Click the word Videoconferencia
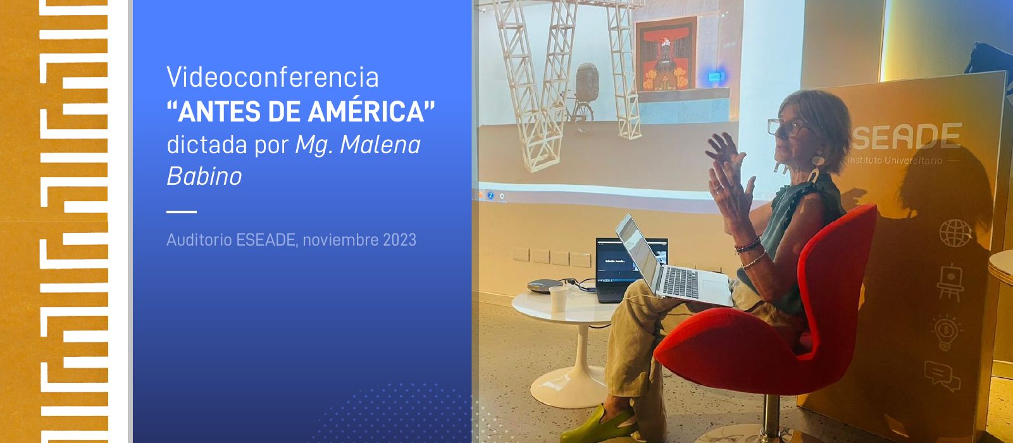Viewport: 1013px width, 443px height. [x=273, y=77]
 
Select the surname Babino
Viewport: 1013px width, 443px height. [x=204, y=175]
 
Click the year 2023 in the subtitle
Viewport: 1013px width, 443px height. [x=399, y=239]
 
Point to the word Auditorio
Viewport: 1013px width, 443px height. [x=199, y=239]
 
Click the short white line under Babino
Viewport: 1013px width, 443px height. [x=182, y=212]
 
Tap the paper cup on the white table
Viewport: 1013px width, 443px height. [x=559, y=299]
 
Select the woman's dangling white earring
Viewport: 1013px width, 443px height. [x=815, y=168]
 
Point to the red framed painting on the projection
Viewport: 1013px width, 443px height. [x=666, y=54]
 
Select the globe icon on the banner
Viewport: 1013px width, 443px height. [x=955, y=233]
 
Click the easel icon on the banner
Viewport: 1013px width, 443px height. [x=950, y=282]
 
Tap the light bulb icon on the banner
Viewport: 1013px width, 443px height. [x=946, y=333]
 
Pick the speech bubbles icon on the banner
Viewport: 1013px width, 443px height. [x=942, y=376]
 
